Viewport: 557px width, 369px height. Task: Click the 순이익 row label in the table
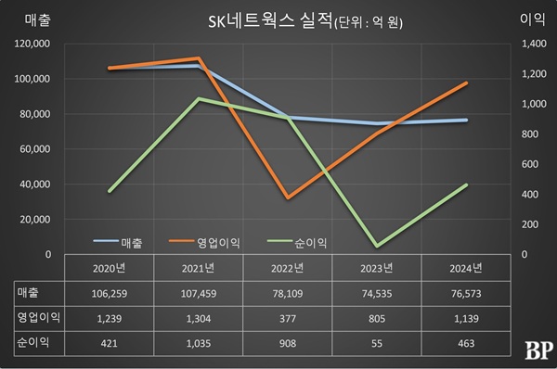click(x=32, y=342)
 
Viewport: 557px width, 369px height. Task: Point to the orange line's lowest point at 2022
click(x=288, y=197)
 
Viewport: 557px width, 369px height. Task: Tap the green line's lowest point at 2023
click(x=376, y=246)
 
